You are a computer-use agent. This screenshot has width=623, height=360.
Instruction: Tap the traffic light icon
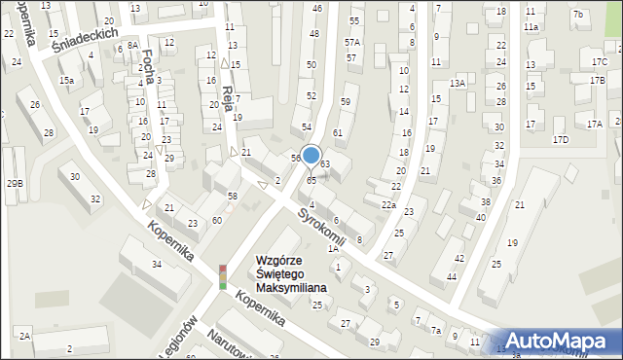[223, 277]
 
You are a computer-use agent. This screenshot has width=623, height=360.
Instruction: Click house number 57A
[351, 43]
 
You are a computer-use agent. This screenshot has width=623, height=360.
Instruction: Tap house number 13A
[458, 84]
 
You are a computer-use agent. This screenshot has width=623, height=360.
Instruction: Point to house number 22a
[387, 204]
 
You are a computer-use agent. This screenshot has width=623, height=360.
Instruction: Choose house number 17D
[561, 140]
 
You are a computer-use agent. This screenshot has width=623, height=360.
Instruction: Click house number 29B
[14, 183]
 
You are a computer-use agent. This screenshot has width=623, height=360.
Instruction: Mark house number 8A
[132, 45]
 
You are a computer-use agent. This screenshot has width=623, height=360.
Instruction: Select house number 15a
[66, 80]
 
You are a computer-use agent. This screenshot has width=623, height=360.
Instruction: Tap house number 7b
[578, 14]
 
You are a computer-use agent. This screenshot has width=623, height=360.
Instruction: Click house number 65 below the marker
[311, 181]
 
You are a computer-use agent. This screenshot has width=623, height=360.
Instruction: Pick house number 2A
[24, 335]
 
